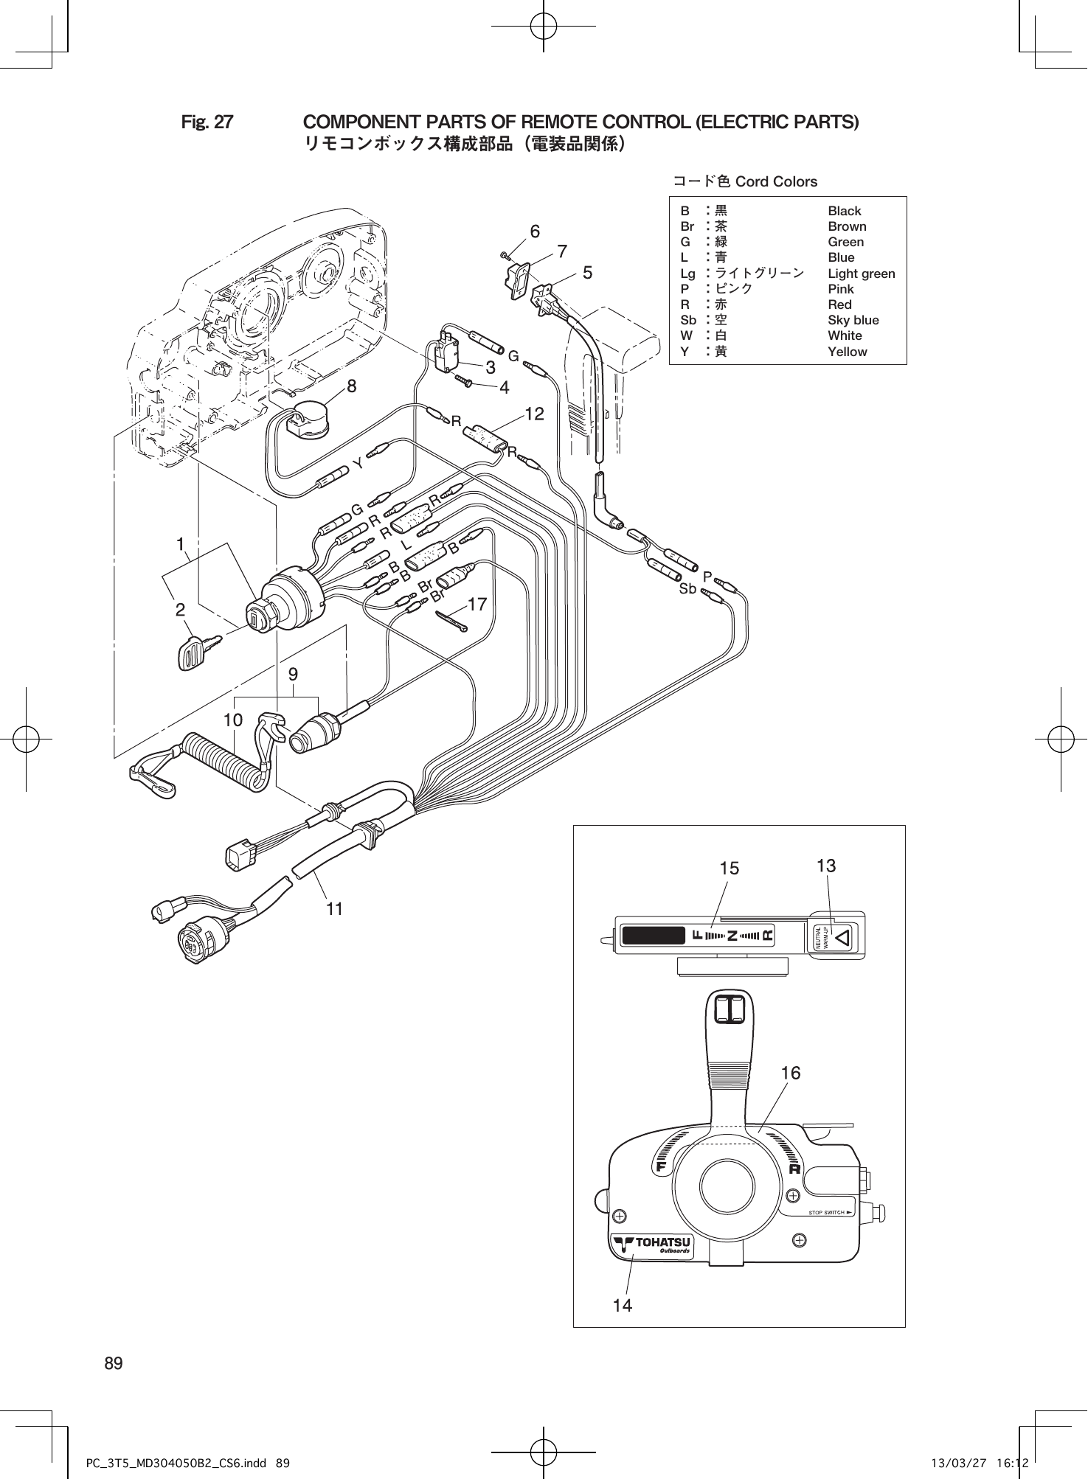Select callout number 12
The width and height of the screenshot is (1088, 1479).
point(534,414)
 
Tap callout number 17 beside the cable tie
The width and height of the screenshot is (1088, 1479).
point(477,605)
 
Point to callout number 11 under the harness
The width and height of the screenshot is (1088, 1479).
point(334,909)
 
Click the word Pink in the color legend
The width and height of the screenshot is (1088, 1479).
point(840,289)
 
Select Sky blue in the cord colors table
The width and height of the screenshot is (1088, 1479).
point(853,320)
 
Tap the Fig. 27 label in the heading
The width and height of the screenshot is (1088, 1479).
point(207,122)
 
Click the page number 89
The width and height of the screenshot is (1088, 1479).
point(114,1363)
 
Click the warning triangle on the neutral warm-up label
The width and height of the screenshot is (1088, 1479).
point(844,937)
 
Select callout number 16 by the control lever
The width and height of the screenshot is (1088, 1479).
point(790,1073)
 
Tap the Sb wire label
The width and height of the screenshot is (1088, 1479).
point(687,589)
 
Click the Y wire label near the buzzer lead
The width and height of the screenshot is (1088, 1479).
point(358,464)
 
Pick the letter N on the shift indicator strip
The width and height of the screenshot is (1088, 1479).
point(731,936)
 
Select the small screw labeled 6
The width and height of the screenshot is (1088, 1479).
point(505,255)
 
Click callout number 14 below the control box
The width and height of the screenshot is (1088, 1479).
point(623,1305)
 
